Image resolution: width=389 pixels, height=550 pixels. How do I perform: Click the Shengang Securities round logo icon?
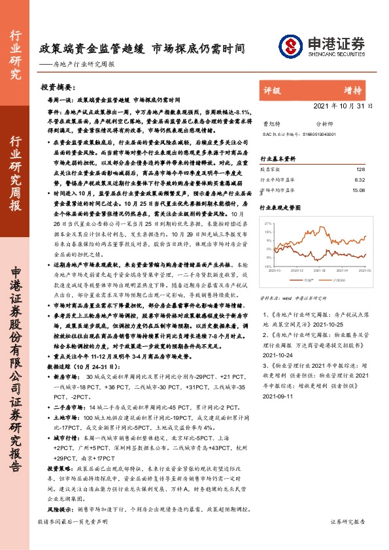[x=290, y=46]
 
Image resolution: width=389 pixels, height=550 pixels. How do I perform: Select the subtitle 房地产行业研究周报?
[x=86, y=64]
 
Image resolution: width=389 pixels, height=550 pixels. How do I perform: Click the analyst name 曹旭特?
[x=270, y=122]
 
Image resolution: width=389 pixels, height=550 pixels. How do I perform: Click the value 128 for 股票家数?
[x=360, y=169]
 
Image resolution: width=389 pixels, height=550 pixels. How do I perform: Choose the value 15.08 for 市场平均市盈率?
[x=358, y=190]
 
